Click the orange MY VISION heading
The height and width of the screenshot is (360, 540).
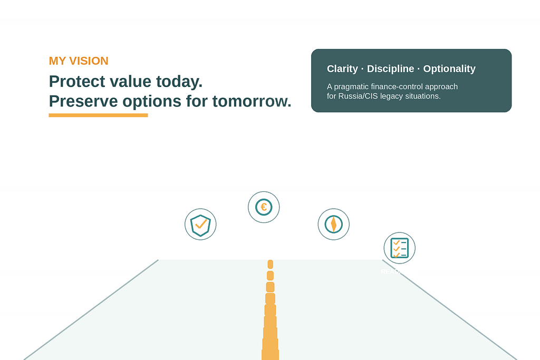click(x=79, y=61)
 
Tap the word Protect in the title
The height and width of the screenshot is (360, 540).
click(x=74, y=82)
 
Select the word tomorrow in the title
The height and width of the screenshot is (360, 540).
click(x=252, y=101)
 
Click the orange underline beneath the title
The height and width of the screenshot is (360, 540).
click(x=98, y=115)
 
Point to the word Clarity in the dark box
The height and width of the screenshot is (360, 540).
click(x=342, y=69)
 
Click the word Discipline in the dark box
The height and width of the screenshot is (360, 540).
click(x=390, y=69)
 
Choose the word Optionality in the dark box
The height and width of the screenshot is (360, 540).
click(x=449, y=69)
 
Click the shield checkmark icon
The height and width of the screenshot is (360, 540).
click(x=200, y=224)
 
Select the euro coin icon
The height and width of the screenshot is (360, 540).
click(x=264, y=207)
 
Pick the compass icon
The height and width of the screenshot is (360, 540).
click(x=333, y=224)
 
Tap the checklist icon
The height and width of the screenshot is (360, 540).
click(x=399, y=248)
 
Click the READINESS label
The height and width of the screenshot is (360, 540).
click(x=399, y=271)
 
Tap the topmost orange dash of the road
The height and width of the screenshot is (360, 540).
click(x=271, y=264)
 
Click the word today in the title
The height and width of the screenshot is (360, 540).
click(x=178, y=82)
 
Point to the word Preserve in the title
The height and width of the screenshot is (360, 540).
click(x=83, y=101)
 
